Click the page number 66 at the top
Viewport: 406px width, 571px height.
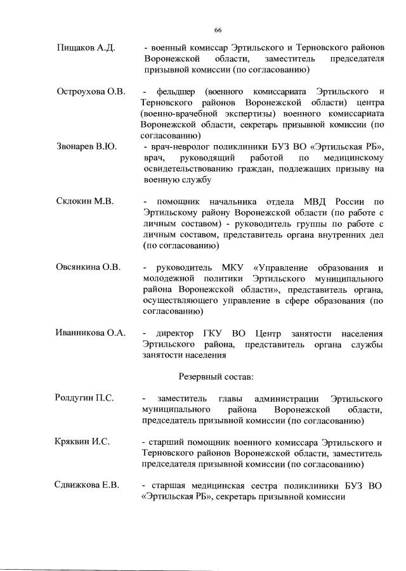point(218,30)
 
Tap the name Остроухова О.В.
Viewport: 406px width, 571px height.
point(90,92)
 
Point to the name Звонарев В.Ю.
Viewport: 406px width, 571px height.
point(86,147)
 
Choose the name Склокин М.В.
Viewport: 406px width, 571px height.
point(84,202)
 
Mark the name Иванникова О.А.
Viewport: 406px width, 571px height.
point(91,333)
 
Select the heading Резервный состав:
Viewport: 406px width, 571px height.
point(217,376)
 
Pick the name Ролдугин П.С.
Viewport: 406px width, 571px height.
point(84,398)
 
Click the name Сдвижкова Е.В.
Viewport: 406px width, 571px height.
point(88,485)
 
